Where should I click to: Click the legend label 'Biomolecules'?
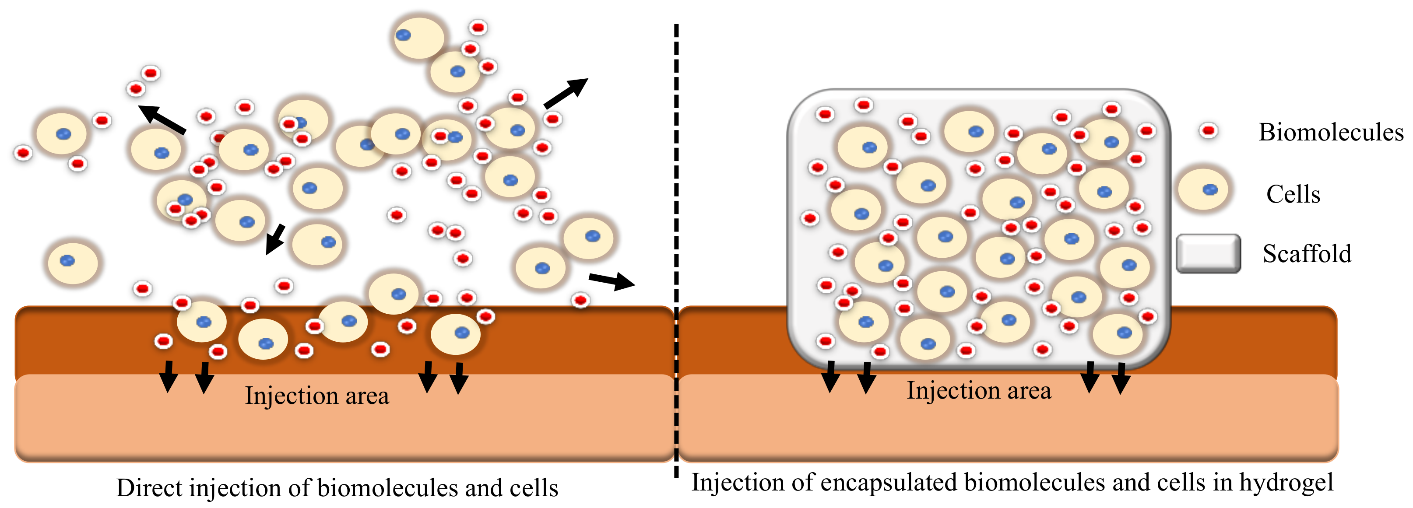pos(1330,132)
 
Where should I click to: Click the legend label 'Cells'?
pos(1293,194)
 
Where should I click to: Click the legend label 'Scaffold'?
pos(1307,253)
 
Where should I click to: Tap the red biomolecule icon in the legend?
pos(1209,130)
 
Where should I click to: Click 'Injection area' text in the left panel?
pos(317,396)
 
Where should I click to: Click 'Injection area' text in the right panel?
pos(979,391)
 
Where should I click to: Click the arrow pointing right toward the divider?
pos(612,281)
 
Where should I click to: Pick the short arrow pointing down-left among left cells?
pos(275,238)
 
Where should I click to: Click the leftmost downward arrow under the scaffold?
pos(831,376)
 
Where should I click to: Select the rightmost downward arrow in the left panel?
pos(459,378)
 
